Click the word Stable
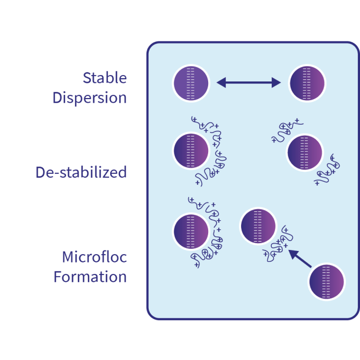(104, 78)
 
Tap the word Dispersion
(90, 98)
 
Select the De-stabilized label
(81, 172)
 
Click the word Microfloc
(94, 257)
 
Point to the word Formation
(90, 277)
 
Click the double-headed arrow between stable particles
(249, 82)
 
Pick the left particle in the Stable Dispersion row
(191, 82)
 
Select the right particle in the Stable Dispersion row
(307, 82)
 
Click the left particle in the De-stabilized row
(191, 151)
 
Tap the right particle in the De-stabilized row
(305, 153)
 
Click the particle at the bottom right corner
(327, 282)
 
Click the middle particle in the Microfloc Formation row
(257, 226)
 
